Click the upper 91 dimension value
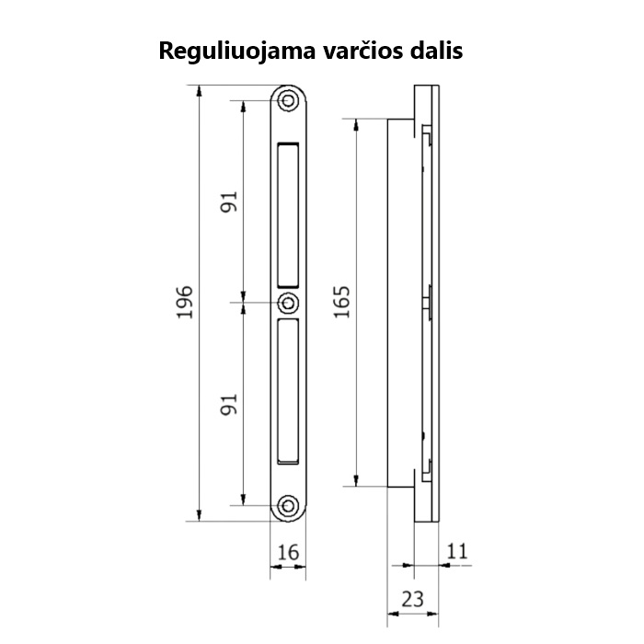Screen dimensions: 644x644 coord(229,201)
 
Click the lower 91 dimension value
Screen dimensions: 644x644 coord(229,403)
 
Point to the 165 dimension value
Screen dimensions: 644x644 coord(342,302)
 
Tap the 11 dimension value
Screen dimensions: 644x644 coord(457,552)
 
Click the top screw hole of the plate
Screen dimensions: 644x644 coord(289,99)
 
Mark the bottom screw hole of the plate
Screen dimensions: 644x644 coord(289,505)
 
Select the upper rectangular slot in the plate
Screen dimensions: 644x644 coord(288,214)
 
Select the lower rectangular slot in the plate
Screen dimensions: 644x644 coord(288,390)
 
